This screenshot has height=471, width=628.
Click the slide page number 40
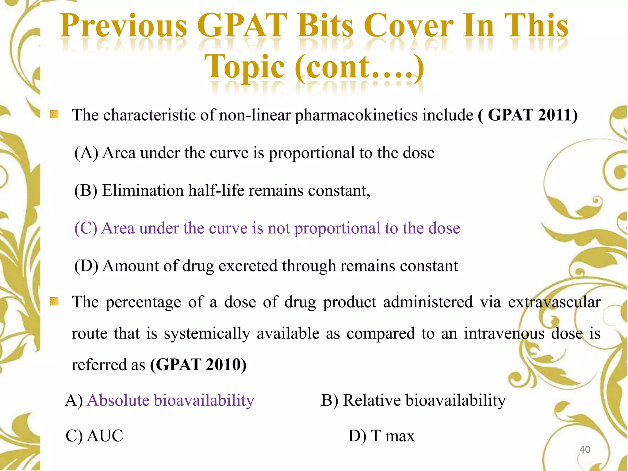[x=584, y=450]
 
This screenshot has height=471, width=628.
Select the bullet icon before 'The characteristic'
[x=54, y=115]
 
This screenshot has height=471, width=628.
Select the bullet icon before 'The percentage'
[x=54, y=301]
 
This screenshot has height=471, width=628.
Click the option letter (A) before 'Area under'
[x=86, y=153]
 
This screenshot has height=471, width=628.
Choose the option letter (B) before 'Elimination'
[x=86, y=190]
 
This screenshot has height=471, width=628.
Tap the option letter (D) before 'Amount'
[x=86, y=266]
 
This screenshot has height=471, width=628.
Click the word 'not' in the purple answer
[x=278, y=228]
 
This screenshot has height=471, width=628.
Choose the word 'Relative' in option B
[x=371, y=400]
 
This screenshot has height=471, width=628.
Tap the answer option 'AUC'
[x=105, y=436]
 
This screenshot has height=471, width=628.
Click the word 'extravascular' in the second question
[x=554, y=302]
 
